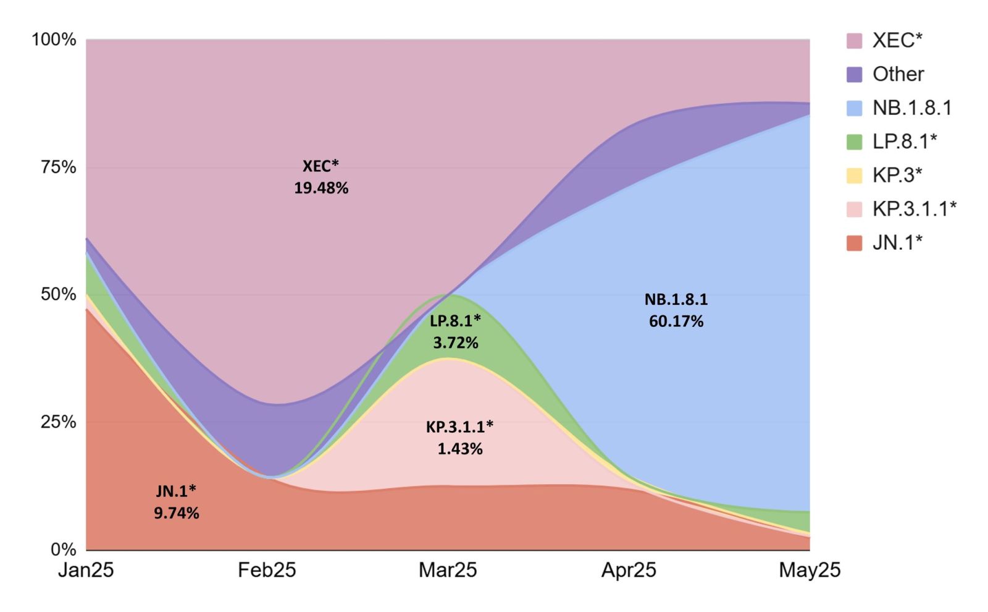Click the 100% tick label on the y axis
[x=54, y=40]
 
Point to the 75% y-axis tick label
[x=59, y=168]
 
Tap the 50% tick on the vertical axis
[x=59, y=294]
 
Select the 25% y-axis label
[x=59, y=422]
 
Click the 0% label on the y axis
[x=63, y=549]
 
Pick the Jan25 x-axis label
[x=86, y=569]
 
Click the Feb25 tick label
[x=267, y=569]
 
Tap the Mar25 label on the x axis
[x=448, y=569]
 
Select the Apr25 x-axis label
[x=629, y=569]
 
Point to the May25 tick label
[x=810, y=569]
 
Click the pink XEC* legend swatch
[x=854, y=41]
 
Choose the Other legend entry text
[x=898, y=74]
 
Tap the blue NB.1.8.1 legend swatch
[x=854, y=108]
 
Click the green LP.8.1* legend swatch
[x=854, y=142]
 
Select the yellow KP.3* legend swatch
[x=854, y=176]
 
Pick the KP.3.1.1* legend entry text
[x=914, y=209]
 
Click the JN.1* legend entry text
[x=897, y=242]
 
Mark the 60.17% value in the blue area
[x=676, y=321]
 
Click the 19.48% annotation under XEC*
[x=321, y=188]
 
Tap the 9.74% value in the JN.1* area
[x=177, y=513]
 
